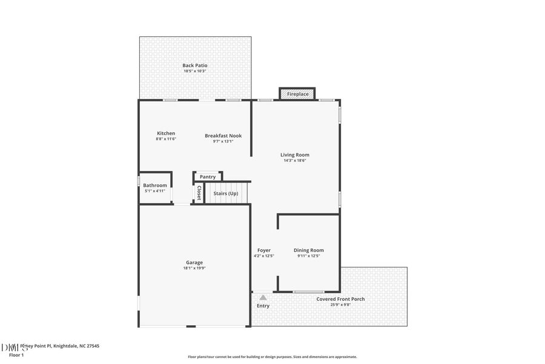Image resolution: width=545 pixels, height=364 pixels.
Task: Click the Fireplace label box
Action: click(x=297, y=94)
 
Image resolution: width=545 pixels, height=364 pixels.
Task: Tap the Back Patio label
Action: click(x=195, y=66)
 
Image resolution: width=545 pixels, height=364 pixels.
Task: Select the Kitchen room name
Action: click(x=166, y=133)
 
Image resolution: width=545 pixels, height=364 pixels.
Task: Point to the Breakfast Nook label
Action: click(x=223, y=136)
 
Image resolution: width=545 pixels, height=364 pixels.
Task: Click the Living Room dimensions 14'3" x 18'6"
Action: click(x=295, y=161)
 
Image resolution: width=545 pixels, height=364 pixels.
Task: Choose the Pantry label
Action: click(x=208, y=177)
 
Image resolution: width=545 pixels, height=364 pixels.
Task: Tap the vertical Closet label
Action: click(x=199, y=193)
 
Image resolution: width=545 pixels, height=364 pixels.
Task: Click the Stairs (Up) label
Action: click(x=226, y=194)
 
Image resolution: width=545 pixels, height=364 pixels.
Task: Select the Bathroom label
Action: click(x=155, y=185)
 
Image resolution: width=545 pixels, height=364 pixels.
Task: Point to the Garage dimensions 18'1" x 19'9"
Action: click(x=194, y=268)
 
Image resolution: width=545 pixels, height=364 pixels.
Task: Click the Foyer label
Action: click(x=264, y=250)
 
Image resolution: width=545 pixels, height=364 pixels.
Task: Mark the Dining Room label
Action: click(x=309, y=250)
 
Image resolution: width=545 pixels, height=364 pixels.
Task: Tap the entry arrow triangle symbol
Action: click(x=263, y=297)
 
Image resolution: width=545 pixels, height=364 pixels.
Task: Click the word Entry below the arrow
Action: click(x=263, y=306)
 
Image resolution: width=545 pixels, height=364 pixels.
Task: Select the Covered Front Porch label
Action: click(x=340, y=299)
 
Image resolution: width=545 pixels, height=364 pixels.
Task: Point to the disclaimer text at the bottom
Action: click(x=272, y=357)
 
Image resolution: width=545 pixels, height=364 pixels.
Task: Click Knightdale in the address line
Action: click(x=65, y=346)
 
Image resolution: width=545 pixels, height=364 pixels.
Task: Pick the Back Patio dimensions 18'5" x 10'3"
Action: click(x=195, y=72)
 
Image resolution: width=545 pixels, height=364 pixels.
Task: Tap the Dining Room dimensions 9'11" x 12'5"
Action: click(x=309, y=256)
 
